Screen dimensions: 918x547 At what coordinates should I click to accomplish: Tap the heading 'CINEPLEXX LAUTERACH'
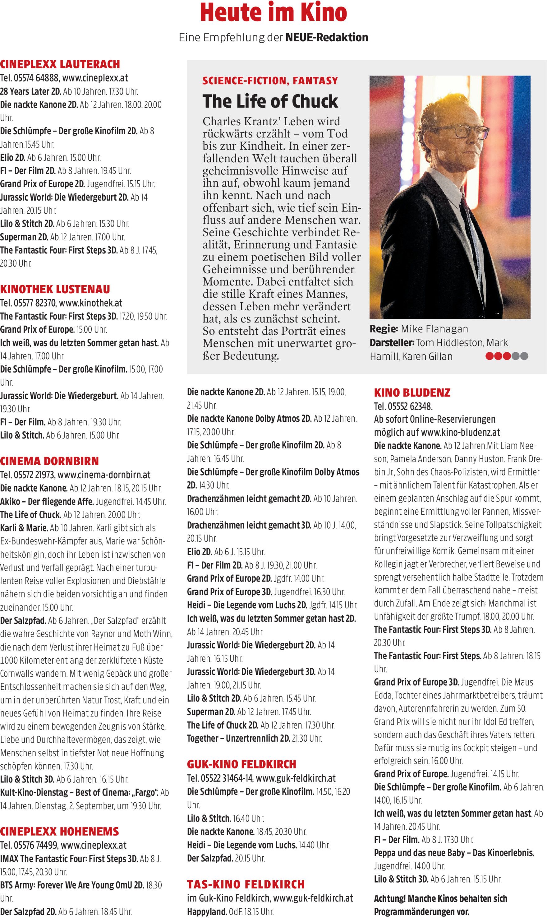(x=60, y=64)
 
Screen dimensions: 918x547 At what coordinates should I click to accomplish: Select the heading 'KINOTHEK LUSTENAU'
(x=55, y=289)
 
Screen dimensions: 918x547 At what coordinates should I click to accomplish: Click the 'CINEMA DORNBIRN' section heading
(x=49, y=461)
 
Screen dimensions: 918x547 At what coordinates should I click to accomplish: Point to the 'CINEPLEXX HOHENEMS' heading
(x=59, y=831)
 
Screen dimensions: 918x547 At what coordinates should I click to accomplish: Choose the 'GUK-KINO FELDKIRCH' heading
(x=241, y=764)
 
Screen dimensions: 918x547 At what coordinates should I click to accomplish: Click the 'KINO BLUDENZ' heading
(x=412, y=392)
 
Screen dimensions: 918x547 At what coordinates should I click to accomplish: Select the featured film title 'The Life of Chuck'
(x=270, y=101)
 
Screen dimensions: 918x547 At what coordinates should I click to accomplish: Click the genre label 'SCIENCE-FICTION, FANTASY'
(x=270, y=81)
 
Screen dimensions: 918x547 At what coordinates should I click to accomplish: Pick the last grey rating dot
(x=524, y=356)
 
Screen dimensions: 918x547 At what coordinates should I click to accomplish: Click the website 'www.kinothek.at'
(x=90, y=303)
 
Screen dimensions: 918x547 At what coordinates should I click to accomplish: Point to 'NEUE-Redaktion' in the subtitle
(x=327, y=37)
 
